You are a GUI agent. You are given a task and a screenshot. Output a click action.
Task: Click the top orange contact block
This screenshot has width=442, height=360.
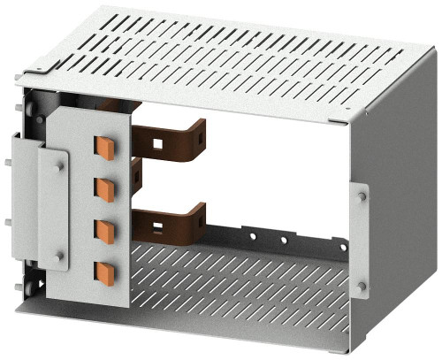[x=105, y=148]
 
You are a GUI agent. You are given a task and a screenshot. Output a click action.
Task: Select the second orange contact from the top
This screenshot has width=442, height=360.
[x=105, y=188]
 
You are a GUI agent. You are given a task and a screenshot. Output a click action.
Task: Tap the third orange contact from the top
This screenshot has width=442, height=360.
[x=105, y=229]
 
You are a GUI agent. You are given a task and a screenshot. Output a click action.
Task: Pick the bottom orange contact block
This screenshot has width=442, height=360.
[x=105, y=272]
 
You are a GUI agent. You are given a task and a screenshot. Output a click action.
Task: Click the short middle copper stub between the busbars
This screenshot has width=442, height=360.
[x=135, y=173]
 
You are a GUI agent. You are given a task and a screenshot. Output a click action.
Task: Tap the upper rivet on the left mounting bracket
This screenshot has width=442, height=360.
[x=59, y=164]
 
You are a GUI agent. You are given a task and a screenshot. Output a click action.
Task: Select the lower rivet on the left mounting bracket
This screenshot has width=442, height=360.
[x=59, y=257]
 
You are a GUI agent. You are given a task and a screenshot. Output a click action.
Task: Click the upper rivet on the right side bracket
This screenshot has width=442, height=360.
[x=362, y=195]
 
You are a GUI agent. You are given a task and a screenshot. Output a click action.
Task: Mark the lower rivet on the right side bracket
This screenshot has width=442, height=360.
[x=362, y=285]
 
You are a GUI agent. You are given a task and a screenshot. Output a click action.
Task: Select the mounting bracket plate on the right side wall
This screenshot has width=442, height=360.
[x=361, y=240]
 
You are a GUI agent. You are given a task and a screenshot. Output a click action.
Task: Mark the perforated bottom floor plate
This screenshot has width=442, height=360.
[x=239, y=283]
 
